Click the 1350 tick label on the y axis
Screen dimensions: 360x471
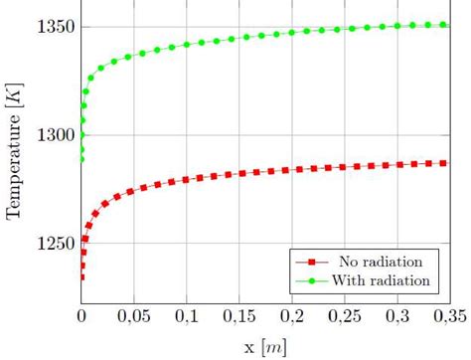pyautogui.click(x=53, y=26)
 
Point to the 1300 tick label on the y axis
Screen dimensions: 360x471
pyautogui.click(x=53, y=135)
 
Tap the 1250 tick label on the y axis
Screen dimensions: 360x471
pyautogui.click(x=53, y=245)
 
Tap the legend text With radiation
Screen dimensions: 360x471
pyautogui.click(x=385, y=280)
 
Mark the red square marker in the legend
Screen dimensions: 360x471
pyautogui.click(x=311, y=262)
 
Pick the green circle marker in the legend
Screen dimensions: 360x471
pyautogui.click(x=311, y=280)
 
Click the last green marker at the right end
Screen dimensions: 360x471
pyautogui.click(x=443, y=25)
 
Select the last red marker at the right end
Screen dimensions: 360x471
pyautogui.click(x=443, y=163)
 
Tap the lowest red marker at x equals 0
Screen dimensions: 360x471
pyautogui.click(x=82, y=277)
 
